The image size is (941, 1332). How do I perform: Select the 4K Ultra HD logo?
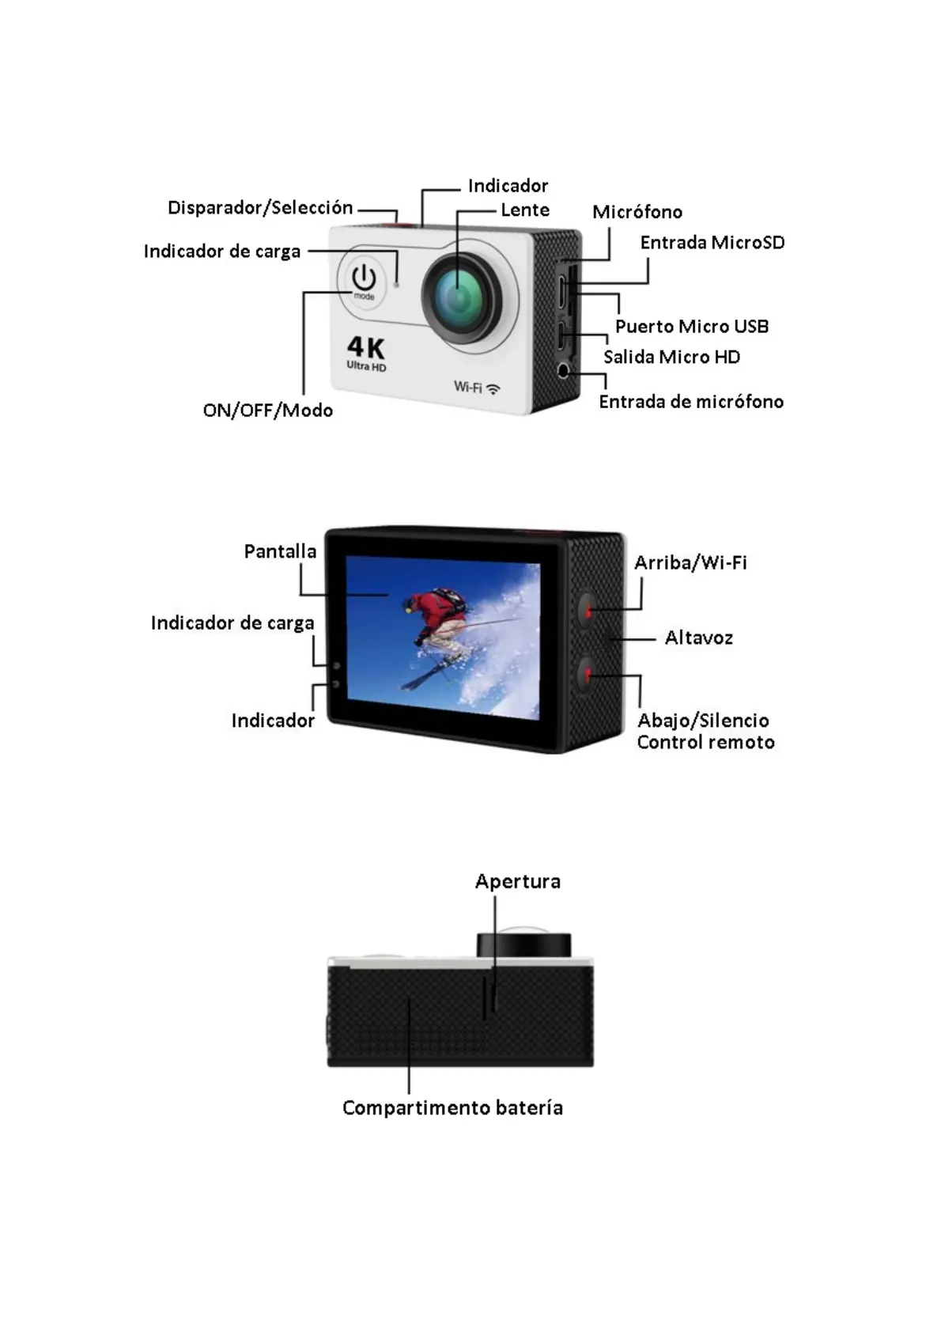365,354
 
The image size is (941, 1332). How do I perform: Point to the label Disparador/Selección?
260,207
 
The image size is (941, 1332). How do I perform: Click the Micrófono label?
637,212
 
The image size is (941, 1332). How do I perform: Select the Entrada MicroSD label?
712,243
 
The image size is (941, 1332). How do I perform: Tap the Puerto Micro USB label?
692,327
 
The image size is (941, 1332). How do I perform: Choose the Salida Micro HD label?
671,357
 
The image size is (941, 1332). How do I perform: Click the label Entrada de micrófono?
691,402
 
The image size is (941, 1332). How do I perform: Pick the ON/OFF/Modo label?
267,411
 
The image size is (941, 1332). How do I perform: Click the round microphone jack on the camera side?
564,371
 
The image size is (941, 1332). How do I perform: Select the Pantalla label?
280,551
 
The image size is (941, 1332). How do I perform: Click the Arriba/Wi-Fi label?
690,562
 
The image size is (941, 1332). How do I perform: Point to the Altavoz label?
698,638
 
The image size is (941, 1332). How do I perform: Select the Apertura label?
517,881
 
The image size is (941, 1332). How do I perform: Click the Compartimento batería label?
452,1108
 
